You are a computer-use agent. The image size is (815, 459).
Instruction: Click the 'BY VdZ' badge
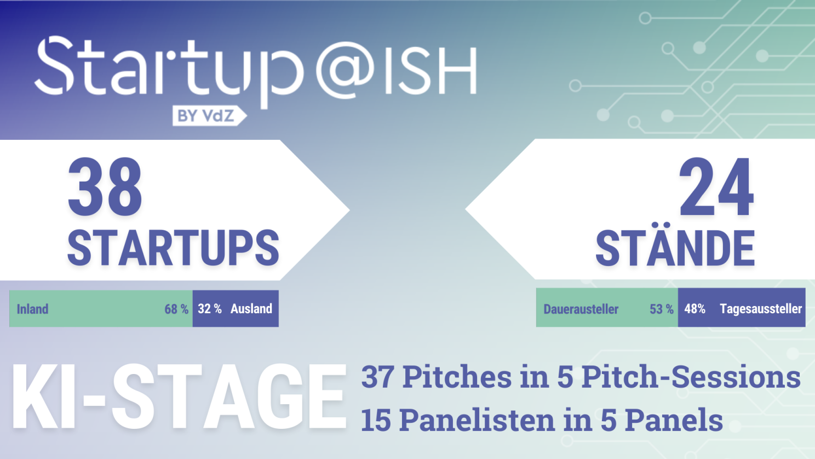tap(210, 116)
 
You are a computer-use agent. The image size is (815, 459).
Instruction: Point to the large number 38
tap(105, 186)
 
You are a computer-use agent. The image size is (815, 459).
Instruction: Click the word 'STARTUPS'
tap(173, 248)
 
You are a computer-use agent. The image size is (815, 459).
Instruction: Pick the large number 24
tap(716, 186)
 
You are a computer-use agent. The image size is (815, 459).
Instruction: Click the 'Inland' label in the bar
tap(32, 309)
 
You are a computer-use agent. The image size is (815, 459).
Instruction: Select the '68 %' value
tap(176, 309)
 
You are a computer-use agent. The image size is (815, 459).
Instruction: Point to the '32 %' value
tap(210, 309)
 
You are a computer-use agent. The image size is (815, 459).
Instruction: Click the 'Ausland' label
tap(251, 309)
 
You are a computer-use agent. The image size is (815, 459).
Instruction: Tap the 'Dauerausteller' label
tap(581, 309)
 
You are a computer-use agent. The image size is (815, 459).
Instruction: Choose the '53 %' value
tap(662, 309)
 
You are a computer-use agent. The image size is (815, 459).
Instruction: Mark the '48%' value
tap(695, 309)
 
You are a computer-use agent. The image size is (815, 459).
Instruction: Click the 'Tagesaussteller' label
tap(761, 309)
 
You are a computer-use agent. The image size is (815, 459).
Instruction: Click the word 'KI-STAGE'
tap(179, 397)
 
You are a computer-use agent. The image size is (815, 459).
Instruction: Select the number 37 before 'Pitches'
tap(377, 377)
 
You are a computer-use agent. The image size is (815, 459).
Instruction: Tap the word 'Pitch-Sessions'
tap(691, 377)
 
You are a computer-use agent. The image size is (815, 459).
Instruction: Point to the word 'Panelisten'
tap(478, 420)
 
